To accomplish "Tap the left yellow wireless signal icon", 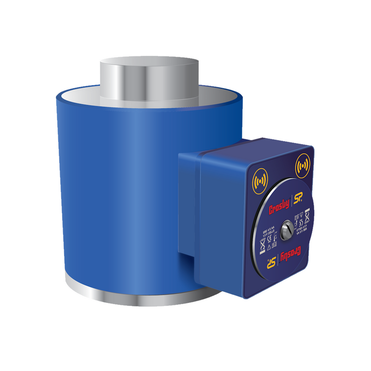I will pyautogui.click(x=258, y=182).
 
